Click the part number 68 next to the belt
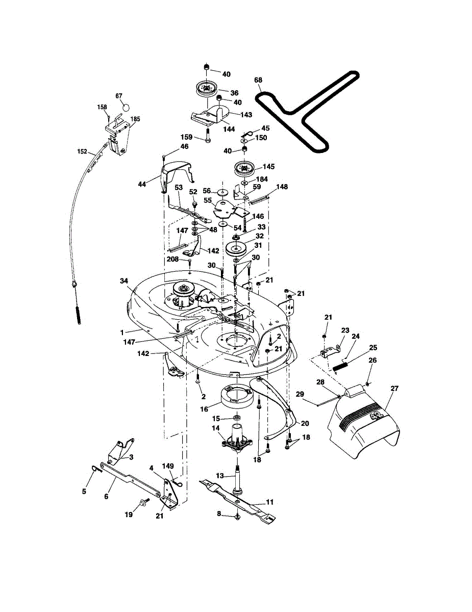point(258,80)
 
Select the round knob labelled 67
point(126,108)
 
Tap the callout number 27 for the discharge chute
point(394,389)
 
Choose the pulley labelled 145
point(245,168)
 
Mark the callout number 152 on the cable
point(82,151)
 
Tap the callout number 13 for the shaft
point(220,475)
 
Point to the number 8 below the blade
point(219,514)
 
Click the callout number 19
point(129,515)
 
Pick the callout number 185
point(135,119)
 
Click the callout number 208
point(173,259)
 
